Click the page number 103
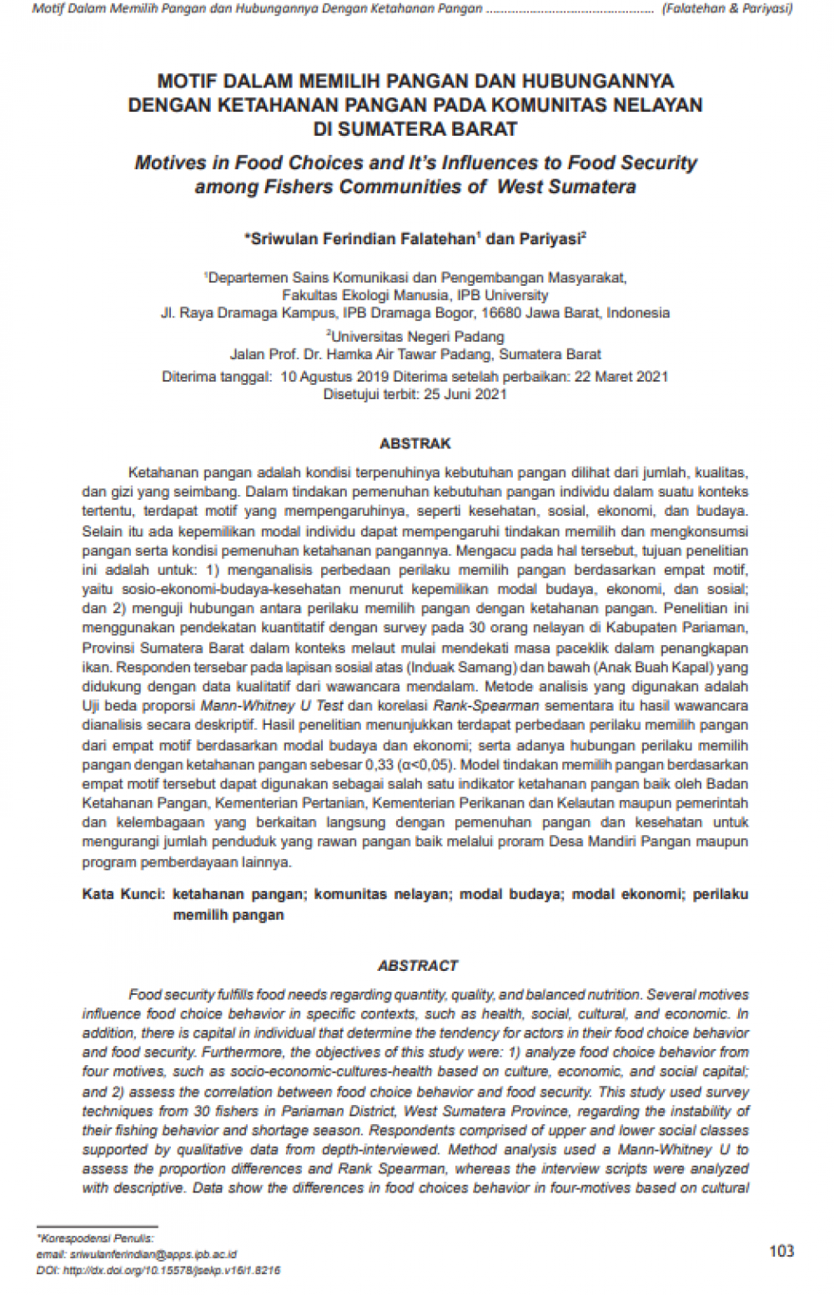click(x=781, y=1251)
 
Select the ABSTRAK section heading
click(x=415, y=443)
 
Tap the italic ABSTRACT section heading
click(x=417, y=966)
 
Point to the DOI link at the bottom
click(x=158, y=1271)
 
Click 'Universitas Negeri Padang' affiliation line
click(x=415, y=337)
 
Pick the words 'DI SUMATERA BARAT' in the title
click(x=415, y=129)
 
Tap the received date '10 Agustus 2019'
click(x=335, y=377)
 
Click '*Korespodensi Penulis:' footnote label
click(x=95, y=1238)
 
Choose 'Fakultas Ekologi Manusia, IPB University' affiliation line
click(x=415, y=295)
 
